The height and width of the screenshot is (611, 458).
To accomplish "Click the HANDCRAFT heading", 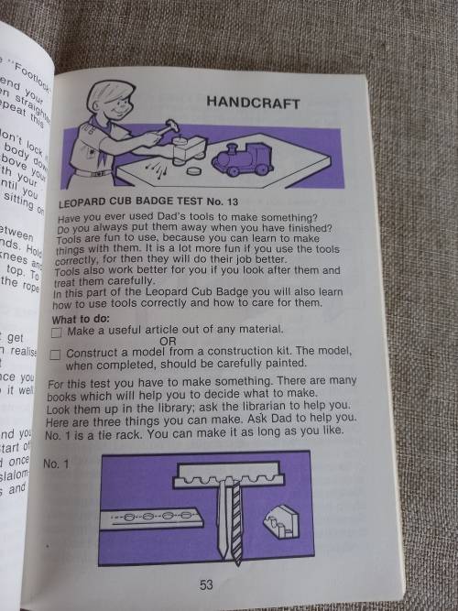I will pyautogui.click(x=253, y=104).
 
